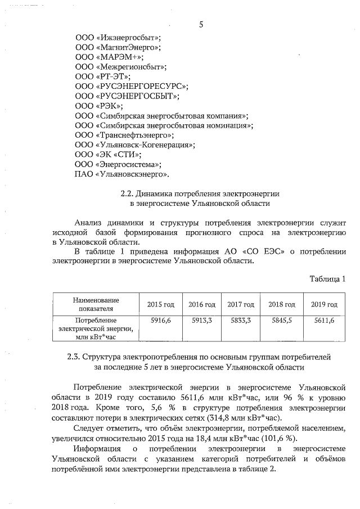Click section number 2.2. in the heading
coord(130,193)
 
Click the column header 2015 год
coord(161,304)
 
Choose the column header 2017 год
coord(241,304)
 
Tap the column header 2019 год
coord(324,304)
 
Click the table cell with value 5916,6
coord(161,320)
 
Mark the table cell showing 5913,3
coord(201,320)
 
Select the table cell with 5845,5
coord(282,320)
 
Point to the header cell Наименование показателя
coord(96,304)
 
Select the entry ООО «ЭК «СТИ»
coord(108,154)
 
